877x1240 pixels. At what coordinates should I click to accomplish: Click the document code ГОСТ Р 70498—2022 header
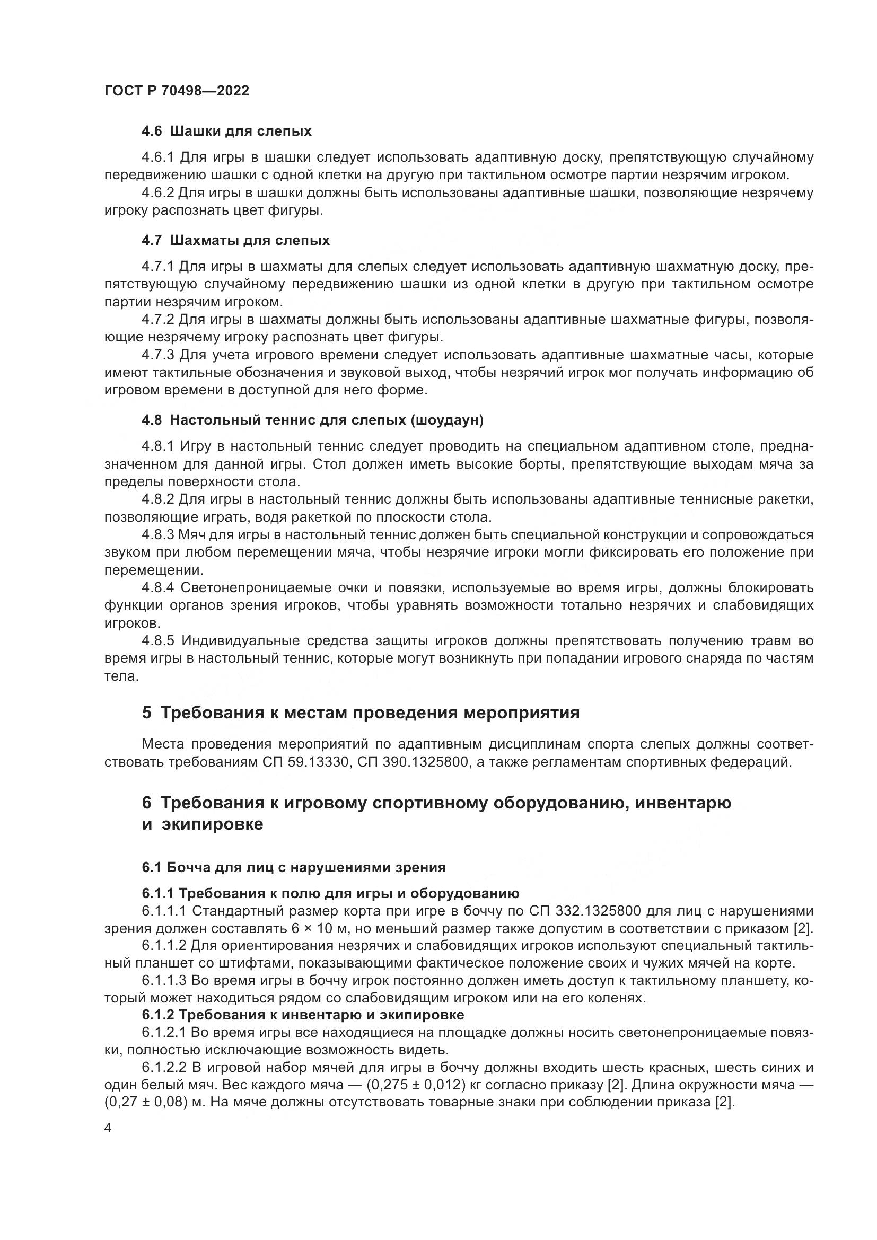[x=177, y=91]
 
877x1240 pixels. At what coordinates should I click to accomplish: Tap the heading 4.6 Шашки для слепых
[x=226, y=131]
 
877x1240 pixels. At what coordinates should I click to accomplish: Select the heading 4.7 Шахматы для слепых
[x=235, y=240]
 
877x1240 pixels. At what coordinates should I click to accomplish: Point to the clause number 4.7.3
[x=157, y=355]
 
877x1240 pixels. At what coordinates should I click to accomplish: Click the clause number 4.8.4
[x=157, y=587]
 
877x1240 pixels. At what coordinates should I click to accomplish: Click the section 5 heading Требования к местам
[x=361, y=713]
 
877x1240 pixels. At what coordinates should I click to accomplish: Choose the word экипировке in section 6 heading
[x=212, y=825]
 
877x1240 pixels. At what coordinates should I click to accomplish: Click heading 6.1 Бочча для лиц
[x=294, y=868]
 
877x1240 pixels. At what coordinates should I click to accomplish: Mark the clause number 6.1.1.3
[x=164, y=981]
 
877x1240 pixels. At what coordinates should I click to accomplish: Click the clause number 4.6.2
[x=157, y=193]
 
